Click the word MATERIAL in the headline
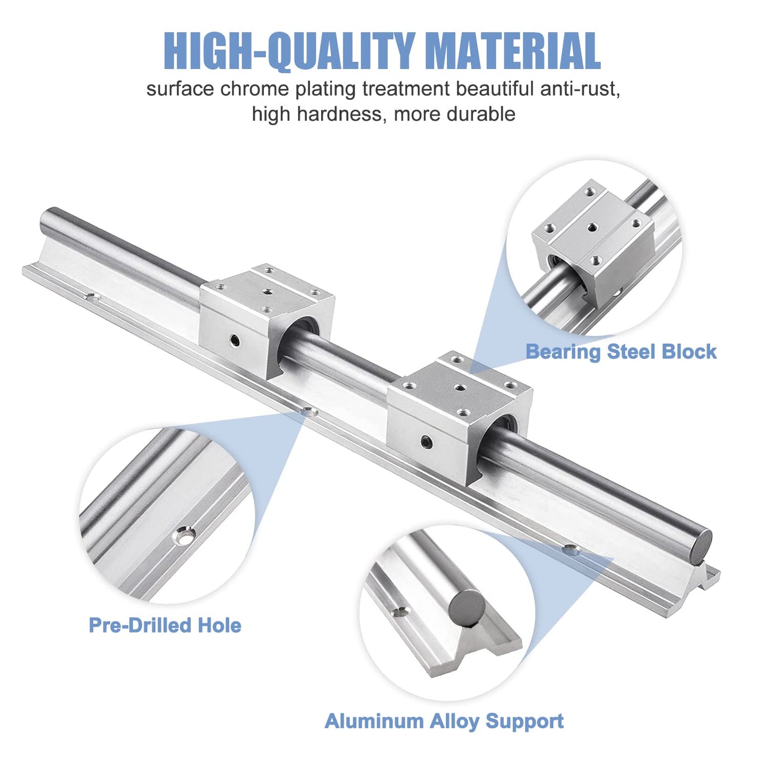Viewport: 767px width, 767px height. [x=513, y=51]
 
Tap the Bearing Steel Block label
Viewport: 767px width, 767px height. [x=621, y=352]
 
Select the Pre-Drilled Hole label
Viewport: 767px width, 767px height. [x=165, y=625]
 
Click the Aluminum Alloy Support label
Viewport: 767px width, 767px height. [x=444, y=721]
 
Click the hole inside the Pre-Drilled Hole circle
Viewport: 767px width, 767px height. [x=185, y=537]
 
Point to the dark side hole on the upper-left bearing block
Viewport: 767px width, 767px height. [x=234, y=340]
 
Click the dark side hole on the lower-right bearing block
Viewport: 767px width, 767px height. [x=426, y=441]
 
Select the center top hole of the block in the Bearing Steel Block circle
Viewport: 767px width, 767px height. [x=592, y=227]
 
